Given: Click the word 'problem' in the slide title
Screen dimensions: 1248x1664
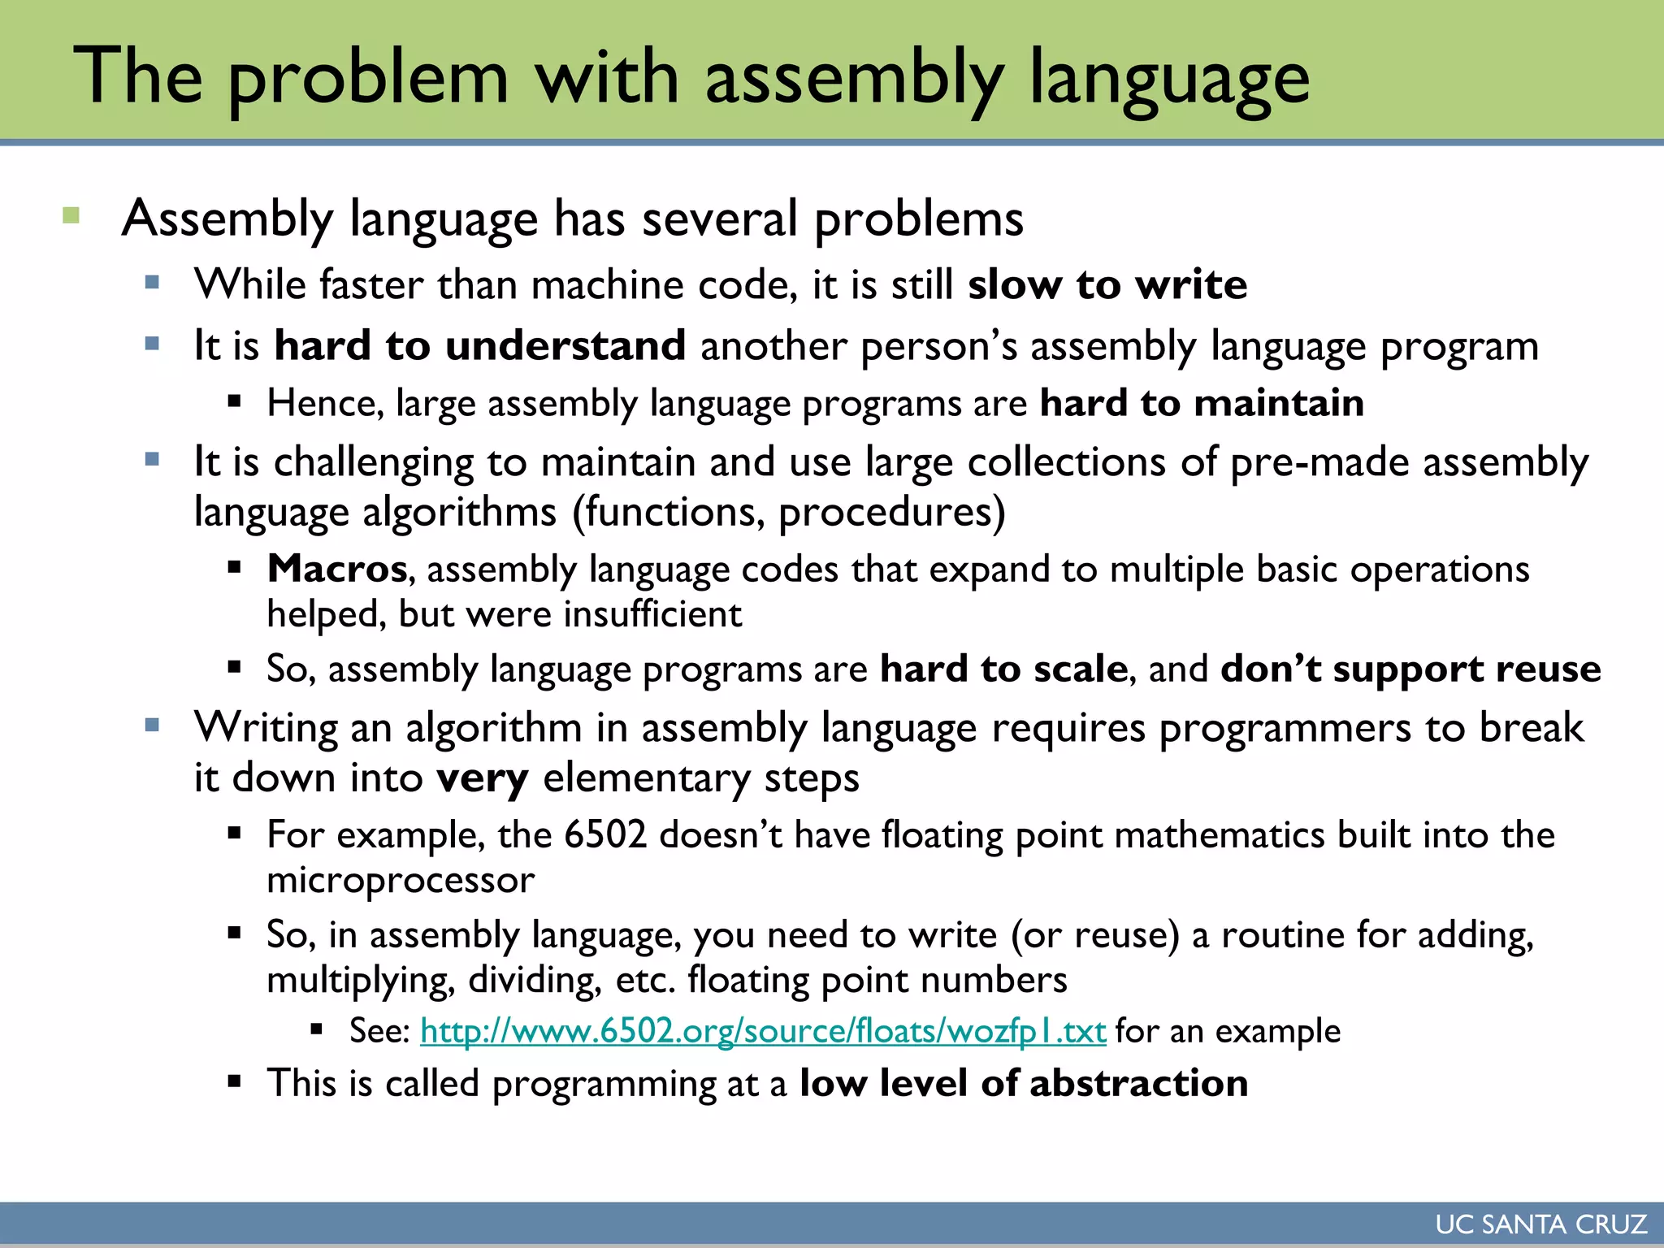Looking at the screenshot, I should (368, 78).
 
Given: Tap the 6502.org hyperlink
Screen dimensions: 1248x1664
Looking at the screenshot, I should (762, 1031).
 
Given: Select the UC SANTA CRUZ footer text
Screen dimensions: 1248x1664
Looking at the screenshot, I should (1540, 1224).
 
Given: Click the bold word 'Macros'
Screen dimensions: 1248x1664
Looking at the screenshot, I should (337, 569).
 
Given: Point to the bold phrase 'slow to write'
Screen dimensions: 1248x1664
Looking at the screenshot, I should (1107, 285).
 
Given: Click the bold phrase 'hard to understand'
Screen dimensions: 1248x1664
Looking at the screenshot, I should (479, 346).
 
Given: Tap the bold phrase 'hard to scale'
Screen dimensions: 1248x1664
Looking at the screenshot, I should (1003, 669).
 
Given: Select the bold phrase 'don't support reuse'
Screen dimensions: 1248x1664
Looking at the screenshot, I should (1410, 669).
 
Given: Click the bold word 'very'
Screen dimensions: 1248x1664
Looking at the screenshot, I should (483, 778).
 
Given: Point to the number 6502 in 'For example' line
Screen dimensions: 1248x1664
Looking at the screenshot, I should (605, 835).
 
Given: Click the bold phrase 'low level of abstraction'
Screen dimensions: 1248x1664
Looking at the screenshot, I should (1024, 1084).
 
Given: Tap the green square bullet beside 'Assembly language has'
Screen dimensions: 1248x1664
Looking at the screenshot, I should (71, 216).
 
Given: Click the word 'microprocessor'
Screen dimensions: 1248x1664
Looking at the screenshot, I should (401, 880).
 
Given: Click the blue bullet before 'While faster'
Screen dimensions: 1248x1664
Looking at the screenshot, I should (152, 283).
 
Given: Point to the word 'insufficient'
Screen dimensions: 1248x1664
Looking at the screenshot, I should (652, 615).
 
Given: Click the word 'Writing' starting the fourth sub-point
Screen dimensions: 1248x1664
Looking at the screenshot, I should (266, 728).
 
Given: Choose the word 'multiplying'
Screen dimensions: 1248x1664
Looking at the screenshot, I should (360, 981).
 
